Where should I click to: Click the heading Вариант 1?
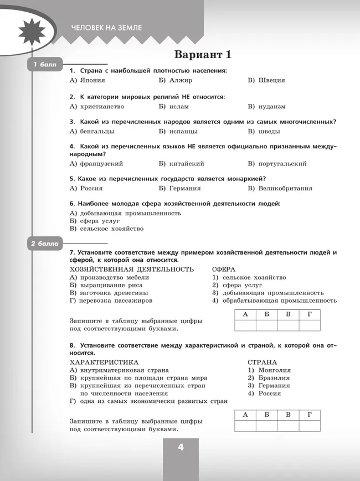(x=203, y=55)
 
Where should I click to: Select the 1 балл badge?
(x=44, y=65)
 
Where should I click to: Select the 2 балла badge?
(x=45, y=244)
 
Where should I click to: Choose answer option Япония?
(x=91, y=80)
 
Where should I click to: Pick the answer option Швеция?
(x=271, y=80)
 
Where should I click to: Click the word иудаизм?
(x=272, y=106)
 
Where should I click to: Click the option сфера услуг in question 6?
(x=100, y=220)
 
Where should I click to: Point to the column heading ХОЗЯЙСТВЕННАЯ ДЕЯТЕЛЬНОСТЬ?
(x=131, y=269)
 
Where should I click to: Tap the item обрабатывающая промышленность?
(x=279, y=301)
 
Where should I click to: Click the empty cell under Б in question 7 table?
(x=266, y=325)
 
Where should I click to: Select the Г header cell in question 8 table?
(x=310, y=415)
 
